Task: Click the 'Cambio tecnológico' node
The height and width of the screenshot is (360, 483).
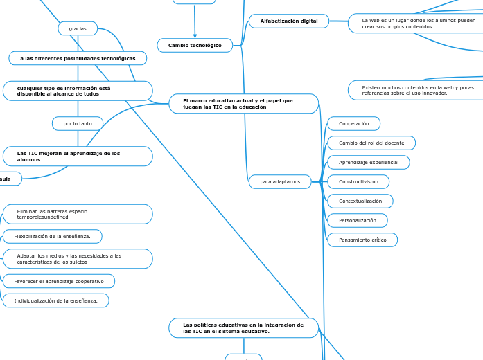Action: click(x=195, y=46)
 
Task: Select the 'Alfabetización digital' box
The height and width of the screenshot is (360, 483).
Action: click(x=288, y=21)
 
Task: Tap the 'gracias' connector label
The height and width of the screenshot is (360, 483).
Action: click(x=78, y=28)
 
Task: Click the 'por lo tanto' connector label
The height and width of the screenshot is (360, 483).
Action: click(x=78, y=123)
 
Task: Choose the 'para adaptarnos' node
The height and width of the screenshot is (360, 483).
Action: click(x=280, y=181)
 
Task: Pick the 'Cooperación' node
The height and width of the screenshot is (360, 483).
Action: click(x=353, y=123)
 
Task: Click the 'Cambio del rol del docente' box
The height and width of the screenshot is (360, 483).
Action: click(x=371, y=143)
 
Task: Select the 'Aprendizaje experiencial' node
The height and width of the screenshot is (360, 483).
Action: click(x=368, y=162)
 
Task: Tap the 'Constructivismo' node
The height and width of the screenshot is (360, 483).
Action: click(x=358, y=181)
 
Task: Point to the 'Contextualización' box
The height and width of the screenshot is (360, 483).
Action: click(x=360, y=201)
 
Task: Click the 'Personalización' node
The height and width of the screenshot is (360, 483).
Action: click(x=357, y=220)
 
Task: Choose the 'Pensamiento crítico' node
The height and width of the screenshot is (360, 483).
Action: click(x=362, y=240)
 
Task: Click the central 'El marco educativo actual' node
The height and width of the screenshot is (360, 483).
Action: click(x=243, y=104)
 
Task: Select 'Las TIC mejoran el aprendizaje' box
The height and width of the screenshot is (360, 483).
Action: click(x=78, y=156)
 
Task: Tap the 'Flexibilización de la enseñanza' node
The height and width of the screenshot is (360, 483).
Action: click(x=53, y=237)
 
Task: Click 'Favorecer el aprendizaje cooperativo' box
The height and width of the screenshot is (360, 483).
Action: click(x=59, y=281)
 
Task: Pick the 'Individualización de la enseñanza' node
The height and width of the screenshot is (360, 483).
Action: click(x=55, y=300)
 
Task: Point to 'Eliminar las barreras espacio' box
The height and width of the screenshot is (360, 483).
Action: click(x=78, y=214)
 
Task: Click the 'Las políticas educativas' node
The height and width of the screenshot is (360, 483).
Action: click(x=243, y=328)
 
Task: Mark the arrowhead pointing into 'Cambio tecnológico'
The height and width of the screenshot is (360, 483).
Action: click(x=195, y=36)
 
